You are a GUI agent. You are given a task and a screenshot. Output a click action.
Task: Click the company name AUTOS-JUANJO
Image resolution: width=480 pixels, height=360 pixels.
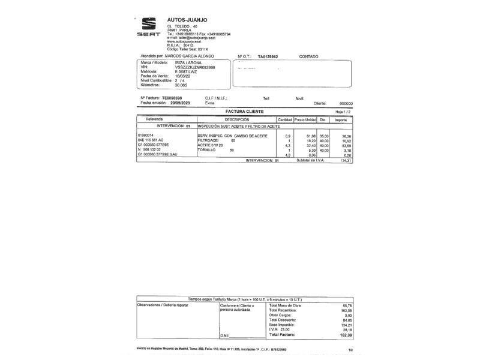coord(187,19)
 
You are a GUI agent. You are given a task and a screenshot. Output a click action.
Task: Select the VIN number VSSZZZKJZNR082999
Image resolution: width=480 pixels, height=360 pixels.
coord(195,67)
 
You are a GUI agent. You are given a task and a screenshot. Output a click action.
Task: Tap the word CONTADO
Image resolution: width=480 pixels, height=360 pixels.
coord(308,56)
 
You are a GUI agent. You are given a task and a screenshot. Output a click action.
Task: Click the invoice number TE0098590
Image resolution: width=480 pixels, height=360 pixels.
coord(172,98)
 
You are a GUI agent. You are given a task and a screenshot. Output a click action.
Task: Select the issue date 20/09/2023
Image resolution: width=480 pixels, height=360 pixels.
coord(180,103)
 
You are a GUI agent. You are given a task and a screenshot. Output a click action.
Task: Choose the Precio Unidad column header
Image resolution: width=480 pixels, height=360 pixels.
coord(305,119)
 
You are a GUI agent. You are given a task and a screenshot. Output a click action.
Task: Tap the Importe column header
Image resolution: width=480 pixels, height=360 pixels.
coord(341,119)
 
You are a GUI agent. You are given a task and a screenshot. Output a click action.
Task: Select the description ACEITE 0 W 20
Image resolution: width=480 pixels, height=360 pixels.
coord(210,145)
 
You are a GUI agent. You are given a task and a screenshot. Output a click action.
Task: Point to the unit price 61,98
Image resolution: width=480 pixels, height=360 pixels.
coord(311,136)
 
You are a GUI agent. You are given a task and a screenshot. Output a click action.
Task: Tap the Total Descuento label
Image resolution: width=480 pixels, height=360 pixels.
coord(284,320)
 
